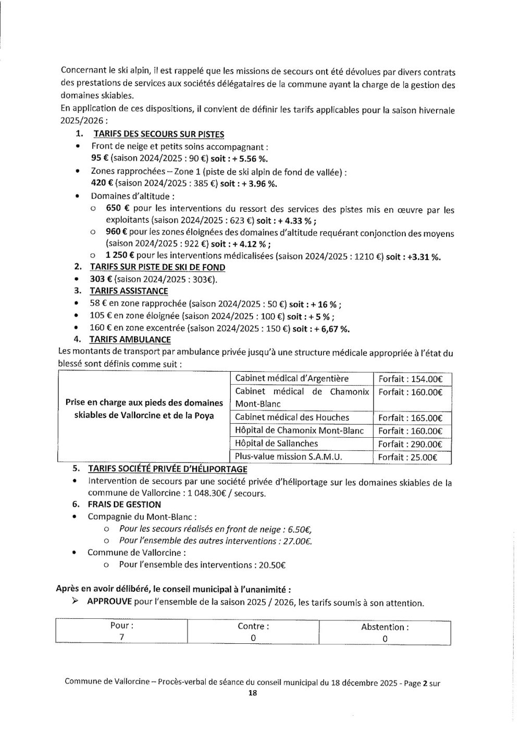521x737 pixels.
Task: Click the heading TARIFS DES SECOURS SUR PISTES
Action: [157, 134]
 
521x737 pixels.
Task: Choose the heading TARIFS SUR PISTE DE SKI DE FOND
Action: [157, 267]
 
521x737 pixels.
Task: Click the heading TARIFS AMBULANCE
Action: [130, 340]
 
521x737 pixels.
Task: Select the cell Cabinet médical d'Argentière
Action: [292, 378]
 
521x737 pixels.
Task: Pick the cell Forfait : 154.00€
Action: [410, 379]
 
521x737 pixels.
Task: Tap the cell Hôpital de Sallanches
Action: [276, 443]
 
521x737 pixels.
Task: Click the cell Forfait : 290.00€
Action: [410, 444]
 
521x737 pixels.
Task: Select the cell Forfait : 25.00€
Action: [407, 457]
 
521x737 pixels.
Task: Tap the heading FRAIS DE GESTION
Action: [124, 504]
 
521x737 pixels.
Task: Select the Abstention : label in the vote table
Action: [384, 627]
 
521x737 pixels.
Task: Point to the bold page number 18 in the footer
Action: [252, 693]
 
